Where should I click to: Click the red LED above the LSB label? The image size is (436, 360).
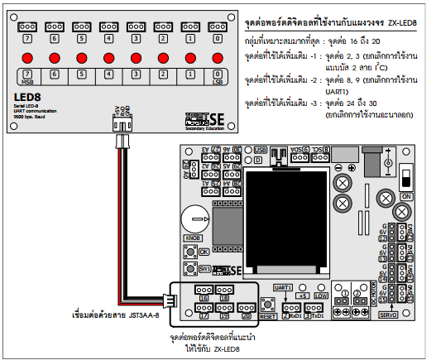pyautogui.click(x=217, y=59)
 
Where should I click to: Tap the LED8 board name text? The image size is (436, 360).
pyautogui.click(x=28, y=97)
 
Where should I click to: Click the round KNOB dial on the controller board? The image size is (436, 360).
pyautogui.click(x=195, y=219)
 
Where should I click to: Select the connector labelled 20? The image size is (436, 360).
pyautogui.click(x=246, y=310)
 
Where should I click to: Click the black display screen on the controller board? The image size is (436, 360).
pyautogui.click(x=274, y=204)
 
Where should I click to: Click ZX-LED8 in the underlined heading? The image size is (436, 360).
pyautogui.click(x=400, y=17)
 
